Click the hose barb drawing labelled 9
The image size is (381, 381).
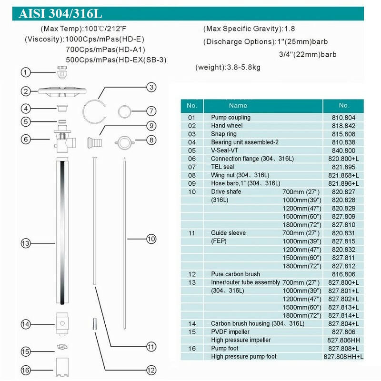tap(95, 141)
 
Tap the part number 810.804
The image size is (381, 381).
tap(343, 117)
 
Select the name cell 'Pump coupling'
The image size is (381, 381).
tap(231, 117)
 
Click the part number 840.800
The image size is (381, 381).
tap(343, 150)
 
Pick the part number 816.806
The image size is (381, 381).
tap(343, 274)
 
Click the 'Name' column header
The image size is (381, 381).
tap(238, 105)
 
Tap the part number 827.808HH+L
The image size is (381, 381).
tap(343, 356)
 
